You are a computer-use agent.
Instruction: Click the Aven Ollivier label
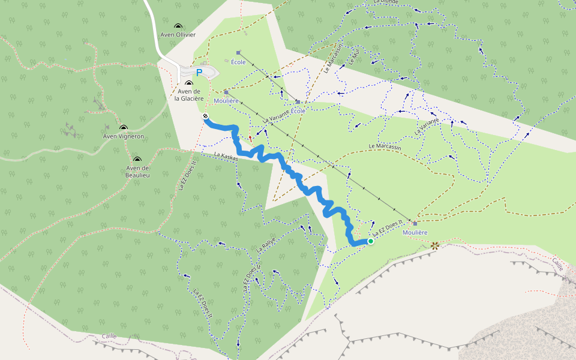(178, 35)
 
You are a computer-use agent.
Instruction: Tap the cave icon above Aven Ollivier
(178, 26)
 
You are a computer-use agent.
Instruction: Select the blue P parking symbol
(199, 73)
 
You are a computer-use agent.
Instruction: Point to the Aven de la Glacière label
(190, 95)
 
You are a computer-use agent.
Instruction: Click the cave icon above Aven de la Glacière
(190, 83)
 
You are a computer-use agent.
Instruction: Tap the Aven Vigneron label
(124, 136)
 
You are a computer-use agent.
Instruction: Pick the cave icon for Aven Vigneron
(124, 127)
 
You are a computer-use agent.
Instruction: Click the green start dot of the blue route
(371, 241)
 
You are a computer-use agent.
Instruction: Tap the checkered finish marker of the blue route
(205, 116)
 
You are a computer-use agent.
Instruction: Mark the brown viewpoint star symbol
(435, 245)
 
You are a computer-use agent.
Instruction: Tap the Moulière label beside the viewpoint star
(415, 232)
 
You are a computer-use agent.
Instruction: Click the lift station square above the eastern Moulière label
(415, 223)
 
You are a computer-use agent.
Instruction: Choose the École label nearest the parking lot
(238, 62)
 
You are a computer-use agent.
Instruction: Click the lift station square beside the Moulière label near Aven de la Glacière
(226, 92)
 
